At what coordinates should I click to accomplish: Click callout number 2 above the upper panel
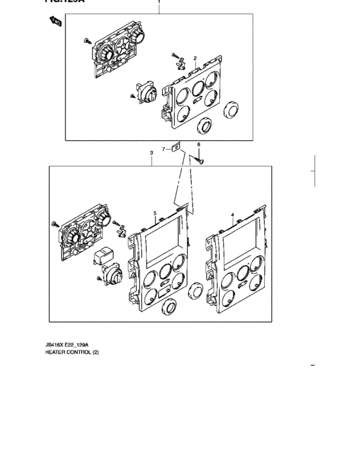(x=195, y=59)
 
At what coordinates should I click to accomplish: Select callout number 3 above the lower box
(x=151, y=153)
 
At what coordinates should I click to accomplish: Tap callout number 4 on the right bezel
(x=232, y=214)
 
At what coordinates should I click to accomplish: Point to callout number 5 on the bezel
(x=155, y=213)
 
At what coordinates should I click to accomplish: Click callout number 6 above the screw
(x=199, y=145)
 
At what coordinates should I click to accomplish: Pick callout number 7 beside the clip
(x=164, y=149)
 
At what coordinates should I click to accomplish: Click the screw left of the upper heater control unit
(x=86, y=41)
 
